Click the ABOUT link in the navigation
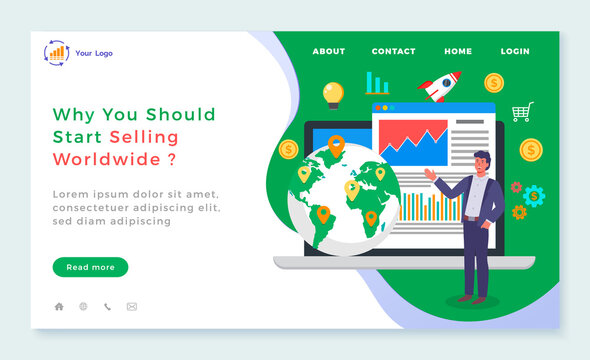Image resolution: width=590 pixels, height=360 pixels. point(328,51)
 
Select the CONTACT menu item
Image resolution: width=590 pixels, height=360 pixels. point(393,51)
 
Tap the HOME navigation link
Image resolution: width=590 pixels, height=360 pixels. point(458,51)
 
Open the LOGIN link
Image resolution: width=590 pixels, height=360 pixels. point(515,51)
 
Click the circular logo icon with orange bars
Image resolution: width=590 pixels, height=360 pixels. point(56,52)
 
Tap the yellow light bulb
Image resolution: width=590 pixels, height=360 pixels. point(333,94)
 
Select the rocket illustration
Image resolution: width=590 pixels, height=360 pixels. point(441,86)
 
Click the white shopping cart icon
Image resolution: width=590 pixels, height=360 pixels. point(522,112)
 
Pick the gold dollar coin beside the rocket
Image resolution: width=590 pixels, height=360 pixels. point(493,82)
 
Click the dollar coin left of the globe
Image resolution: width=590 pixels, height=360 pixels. point(289,149)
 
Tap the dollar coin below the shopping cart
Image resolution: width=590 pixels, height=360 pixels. point(531,149)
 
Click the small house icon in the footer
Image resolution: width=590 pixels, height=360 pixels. point(59,307)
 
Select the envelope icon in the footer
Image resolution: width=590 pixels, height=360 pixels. point(131,307)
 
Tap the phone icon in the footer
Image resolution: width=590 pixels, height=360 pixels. point(107,307)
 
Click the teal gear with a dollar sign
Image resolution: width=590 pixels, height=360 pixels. point(534,195)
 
